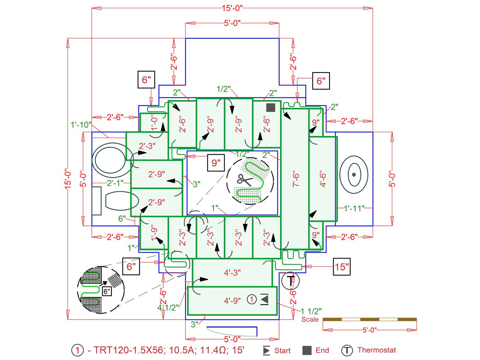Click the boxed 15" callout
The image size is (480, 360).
(341, 267)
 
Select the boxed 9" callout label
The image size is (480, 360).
(216, 163)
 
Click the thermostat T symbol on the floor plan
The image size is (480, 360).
(290, 281)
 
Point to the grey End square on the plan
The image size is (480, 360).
(271, 107)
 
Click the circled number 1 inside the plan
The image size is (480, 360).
(252, 299)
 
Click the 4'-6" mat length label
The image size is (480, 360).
(323, 178)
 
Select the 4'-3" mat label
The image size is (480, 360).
(232, 272)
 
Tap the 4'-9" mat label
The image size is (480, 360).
(232, 301)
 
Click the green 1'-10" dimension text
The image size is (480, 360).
(81, 125)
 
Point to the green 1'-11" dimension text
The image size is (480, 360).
(354, 208)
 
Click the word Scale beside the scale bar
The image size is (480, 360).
(310, 319)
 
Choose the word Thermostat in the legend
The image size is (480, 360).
(376, 350)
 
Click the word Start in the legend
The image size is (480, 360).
(282, 350)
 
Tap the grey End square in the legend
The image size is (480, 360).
(307, 350)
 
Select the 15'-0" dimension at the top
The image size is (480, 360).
(232, 8)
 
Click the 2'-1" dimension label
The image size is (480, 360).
(115, 183)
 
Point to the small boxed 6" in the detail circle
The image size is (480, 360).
(107, 291)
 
